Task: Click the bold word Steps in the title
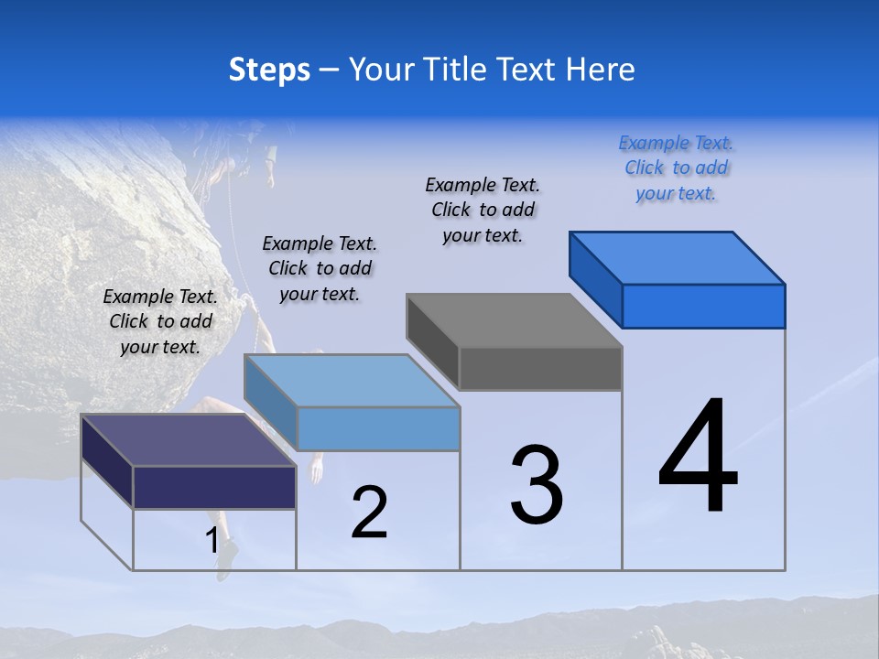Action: click(269, 70)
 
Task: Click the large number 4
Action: click(698, 457)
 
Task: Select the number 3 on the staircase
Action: click(537, 485)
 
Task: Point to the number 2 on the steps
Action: click(370, 512)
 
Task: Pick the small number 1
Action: click(212, 541)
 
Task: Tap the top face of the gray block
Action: click(513, 320)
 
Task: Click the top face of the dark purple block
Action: click(188, 440)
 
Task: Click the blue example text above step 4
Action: click(676, 167)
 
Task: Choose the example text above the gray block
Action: click(483, 210)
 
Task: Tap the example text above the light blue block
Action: click(320, 268)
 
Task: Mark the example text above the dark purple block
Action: click(160, 321)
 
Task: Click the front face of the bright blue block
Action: click(703, 306)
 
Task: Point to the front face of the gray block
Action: click(540, 369)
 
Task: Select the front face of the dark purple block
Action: click(214, 487)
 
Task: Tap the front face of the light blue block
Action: click(378, 428)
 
